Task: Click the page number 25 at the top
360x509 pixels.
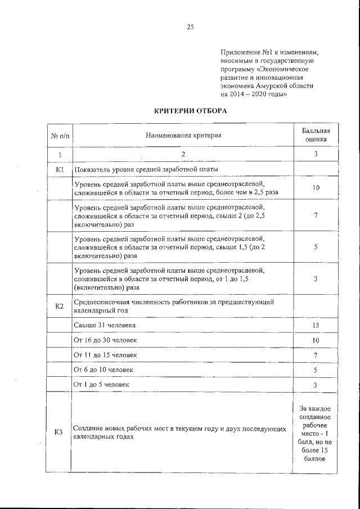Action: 190,26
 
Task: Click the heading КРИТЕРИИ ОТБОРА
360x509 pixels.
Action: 191,111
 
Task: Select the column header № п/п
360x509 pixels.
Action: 60,136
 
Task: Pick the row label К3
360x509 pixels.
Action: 59,432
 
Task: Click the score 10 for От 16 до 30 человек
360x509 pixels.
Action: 316,341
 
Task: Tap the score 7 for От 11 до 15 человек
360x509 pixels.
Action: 316,355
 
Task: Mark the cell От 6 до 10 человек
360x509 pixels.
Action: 103,370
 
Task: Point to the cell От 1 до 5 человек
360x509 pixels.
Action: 102,385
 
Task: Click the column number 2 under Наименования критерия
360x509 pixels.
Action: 183,154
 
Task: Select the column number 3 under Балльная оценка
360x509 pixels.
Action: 316,154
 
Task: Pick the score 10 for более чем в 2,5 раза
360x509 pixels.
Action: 316,188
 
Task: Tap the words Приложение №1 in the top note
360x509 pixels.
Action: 243,51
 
